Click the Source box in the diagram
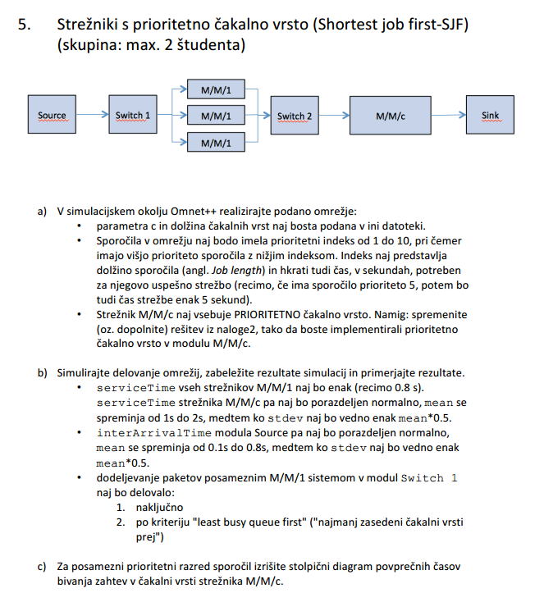click(x=53, y=116)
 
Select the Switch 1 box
click(x=132, y=116)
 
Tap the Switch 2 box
click(x=294, y=116)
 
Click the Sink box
click(x=490, y=116)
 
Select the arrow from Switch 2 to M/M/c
click(x=333, y=116)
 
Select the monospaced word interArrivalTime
click(x=148, y=432)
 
